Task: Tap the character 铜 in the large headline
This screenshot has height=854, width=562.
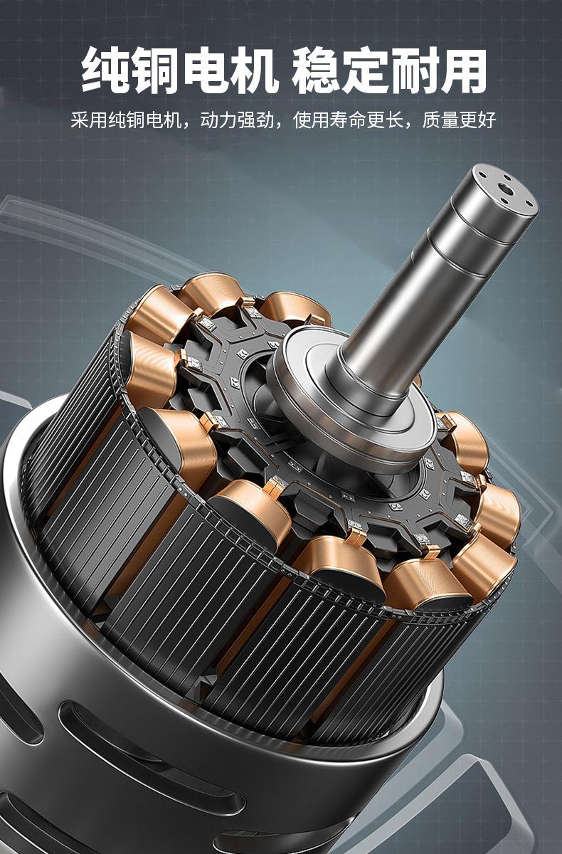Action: (155, 70)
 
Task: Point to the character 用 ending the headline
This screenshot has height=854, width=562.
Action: (462, 70)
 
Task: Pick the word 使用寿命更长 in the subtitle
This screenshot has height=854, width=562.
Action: (349, 120)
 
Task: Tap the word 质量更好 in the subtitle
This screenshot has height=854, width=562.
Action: (459, 120)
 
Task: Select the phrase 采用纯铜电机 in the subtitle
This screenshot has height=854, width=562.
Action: (126, 120)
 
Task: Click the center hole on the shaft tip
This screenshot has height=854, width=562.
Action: (506, 189)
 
